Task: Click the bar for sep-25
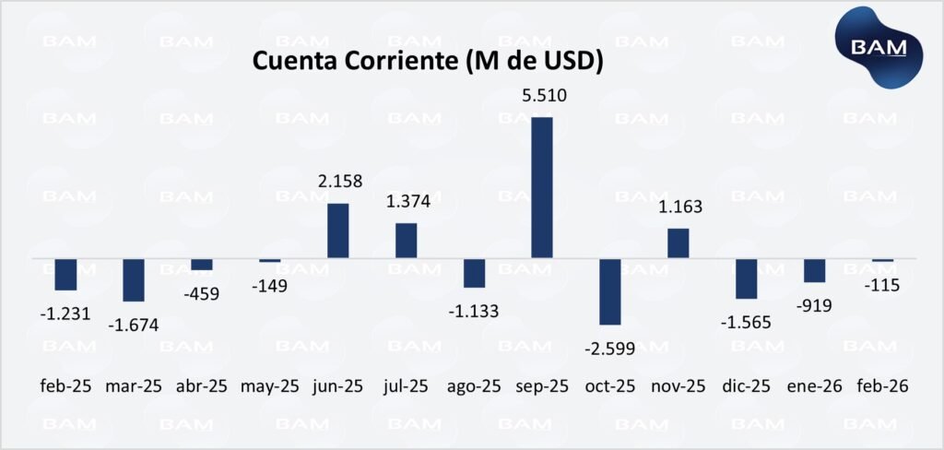542,187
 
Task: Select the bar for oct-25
610,291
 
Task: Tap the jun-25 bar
337,231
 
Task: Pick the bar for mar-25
134,279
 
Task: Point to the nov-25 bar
678,243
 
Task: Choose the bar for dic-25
747,278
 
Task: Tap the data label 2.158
339,182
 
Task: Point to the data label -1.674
134,324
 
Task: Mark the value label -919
814,303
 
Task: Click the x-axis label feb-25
65,386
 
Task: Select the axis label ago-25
474,386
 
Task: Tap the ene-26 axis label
816,386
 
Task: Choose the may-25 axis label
270,386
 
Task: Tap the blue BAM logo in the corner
879,46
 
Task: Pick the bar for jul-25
406,241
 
